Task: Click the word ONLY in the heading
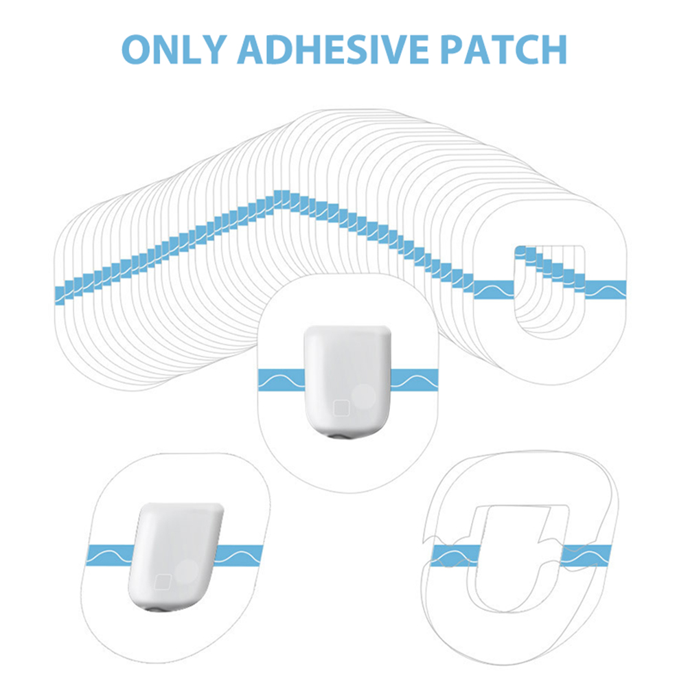pyautogui.click(x=174, y=49)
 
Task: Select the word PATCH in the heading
pyautogui.click(x=503, y=49)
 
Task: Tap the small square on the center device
pyautogui.click(x=341, y=408)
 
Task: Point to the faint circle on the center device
pyautogui.click(x=364, y=396)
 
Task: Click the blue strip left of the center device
pyautogui.click(x=281, y=380)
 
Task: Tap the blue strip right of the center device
pyautogui.click(x=414, y=380)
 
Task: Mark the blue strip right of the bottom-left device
pyautogui.click(x=239, y=555)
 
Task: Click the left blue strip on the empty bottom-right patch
pyautogui.click(x=456, y=555)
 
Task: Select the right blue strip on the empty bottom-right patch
pyautogui.click(x=586, y=555)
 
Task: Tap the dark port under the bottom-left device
pyautogui.click(x=156, y=609)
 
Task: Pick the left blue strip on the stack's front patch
pyautogui.click(x=494, y=290)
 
